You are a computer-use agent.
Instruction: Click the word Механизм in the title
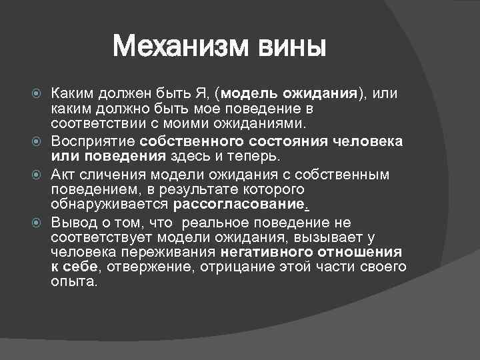[181, 47]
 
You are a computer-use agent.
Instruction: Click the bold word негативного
[265, 253]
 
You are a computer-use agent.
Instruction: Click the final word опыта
[73, 283]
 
